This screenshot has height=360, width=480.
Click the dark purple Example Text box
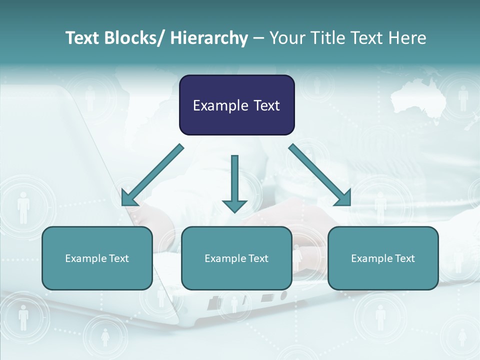(x=236, y=105)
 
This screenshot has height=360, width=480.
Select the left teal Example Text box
(x=97, y=258)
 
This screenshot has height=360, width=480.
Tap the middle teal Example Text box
(x=236, y=258)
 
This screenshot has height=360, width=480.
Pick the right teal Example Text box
(x=383, y=258)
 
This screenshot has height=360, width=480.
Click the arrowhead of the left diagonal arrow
(x=128, y=199)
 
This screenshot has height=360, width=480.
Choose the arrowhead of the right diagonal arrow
(x=344, y=199)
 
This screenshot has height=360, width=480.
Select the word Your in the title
(x=286, y=38)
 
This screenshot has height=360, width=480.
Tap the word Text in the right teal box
(x=403, y=258)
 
